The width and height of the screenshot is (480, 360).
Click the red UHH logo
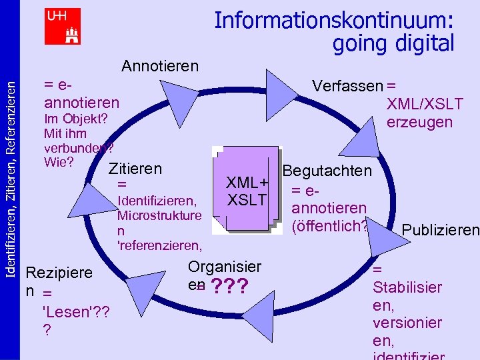(x=63, y=26)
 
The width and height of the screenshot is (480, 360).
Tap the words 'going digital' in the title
(x=393, y=43)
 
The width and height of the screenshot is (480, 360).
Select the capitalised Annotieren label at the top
(x=160, y=66)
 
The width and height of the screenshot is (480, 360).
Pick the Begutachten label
(x=327, y=171)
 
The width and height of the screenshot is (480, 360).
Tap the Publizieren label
(x=440, y=231)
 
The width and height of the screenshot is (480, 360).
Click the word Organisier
(x=225, y=267)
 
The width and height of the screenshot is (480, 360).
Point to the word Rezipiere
(x=58, y=273)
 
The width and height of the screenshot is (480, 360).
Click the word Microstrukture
(x=159, y=215)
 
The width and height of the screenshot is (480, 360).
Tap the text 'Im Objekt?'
(x=75, y=119)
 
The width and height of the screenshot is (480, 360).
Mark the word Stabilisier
(x=407, y=288)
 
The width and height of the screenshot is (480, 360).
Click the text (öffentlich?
(x=329, y=226)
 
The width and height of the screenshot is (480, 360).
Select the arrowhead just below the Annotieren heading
(x=175, y=99)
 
